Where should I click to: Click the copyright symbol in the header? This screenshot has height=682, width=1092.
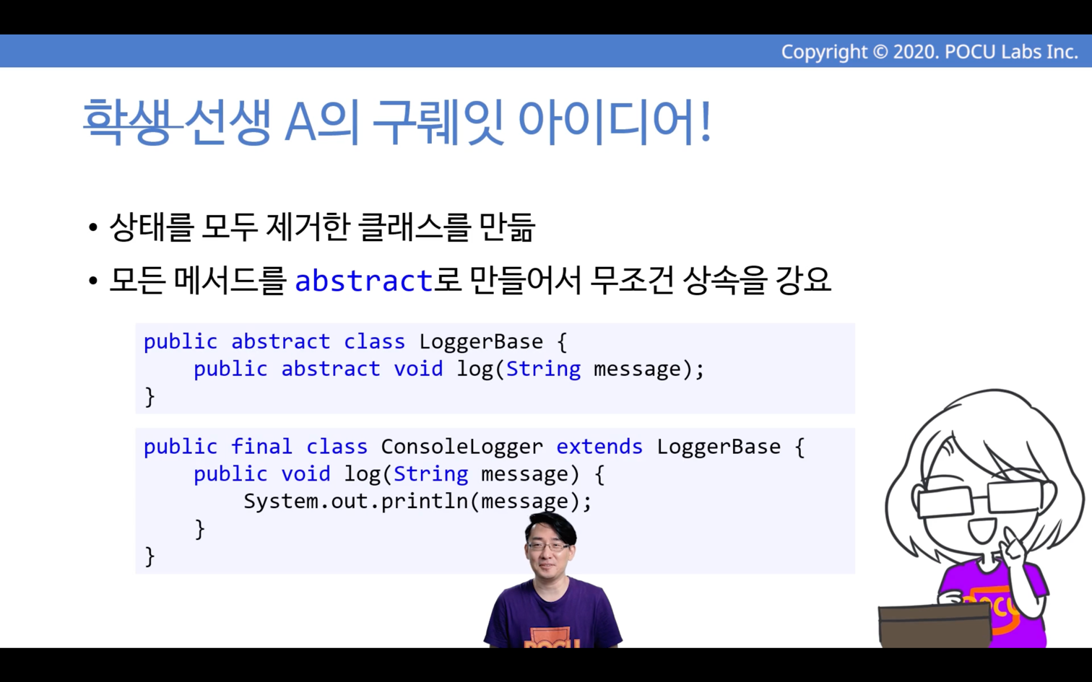(x=880, y=52)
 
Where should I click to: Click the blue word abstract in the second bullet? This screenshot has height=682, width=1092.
(x=364, y=281)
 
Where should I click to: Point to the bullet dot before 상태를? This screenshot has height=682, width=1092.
(x=93, y=227)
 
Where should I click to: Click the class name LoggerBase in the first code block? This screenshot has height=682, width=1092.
(x=481, y=341)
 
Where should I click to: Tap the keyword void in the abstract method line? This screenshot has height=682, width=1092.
(x=418, y=369)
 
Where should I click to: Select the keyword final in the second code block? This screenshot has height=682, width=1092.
(x=261, y=446)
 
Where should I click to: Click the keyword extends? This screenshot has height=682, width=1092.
(x=599, y=447)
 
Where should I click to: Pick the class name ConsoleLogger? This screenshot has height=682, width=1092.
(x=461, y=447)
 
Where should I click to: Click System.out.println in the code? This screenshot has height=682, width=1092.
(x=355, y=502)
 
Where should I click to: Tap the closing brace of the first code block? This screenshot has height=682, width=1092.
(x=149, y=396)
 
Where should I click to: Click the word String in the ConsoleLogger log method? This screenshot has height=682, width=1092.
(x=431, y=474)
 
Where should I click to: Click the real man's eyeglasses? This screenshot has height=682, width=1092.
(x=549, y=546)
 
